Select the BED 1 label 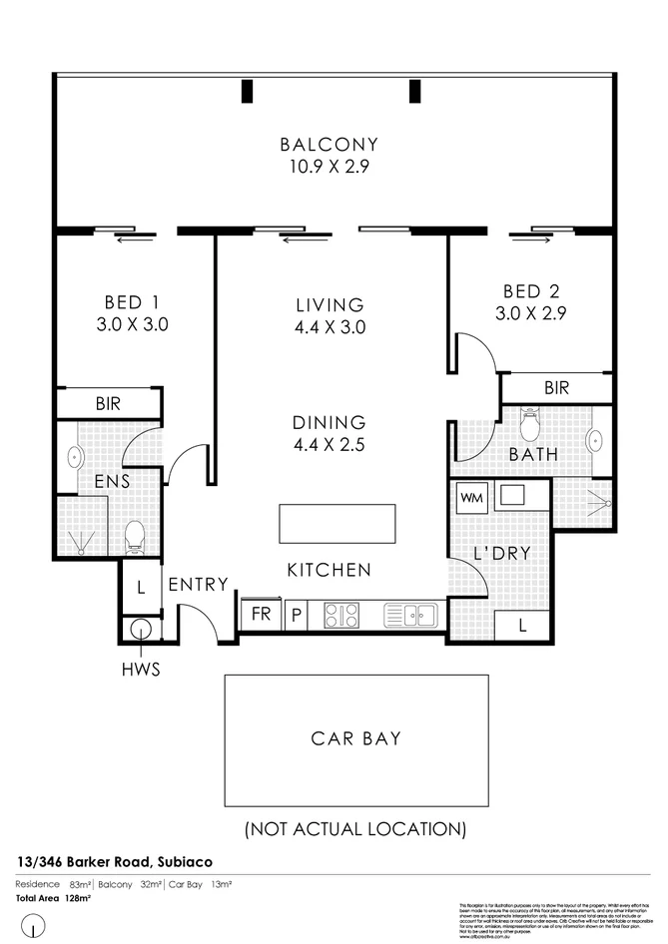pos(133,301)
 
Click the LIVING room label pos(330,304)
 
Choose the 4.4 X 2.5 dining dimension pos(330,445)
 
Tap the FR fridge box pos(262,615)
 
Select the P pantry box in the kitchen pos(297,615)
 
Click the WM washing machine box pos(470,497)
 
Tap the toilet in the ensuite pos(136,540)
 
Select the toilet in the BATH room pos(529,426)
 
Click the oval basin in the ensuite pos(74,458)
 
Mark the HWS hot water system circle pos(140,630)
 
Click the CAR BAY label pos(355,739)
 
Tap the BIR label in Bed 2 pos(556,386)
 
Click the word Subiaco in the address pos(182,861)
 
